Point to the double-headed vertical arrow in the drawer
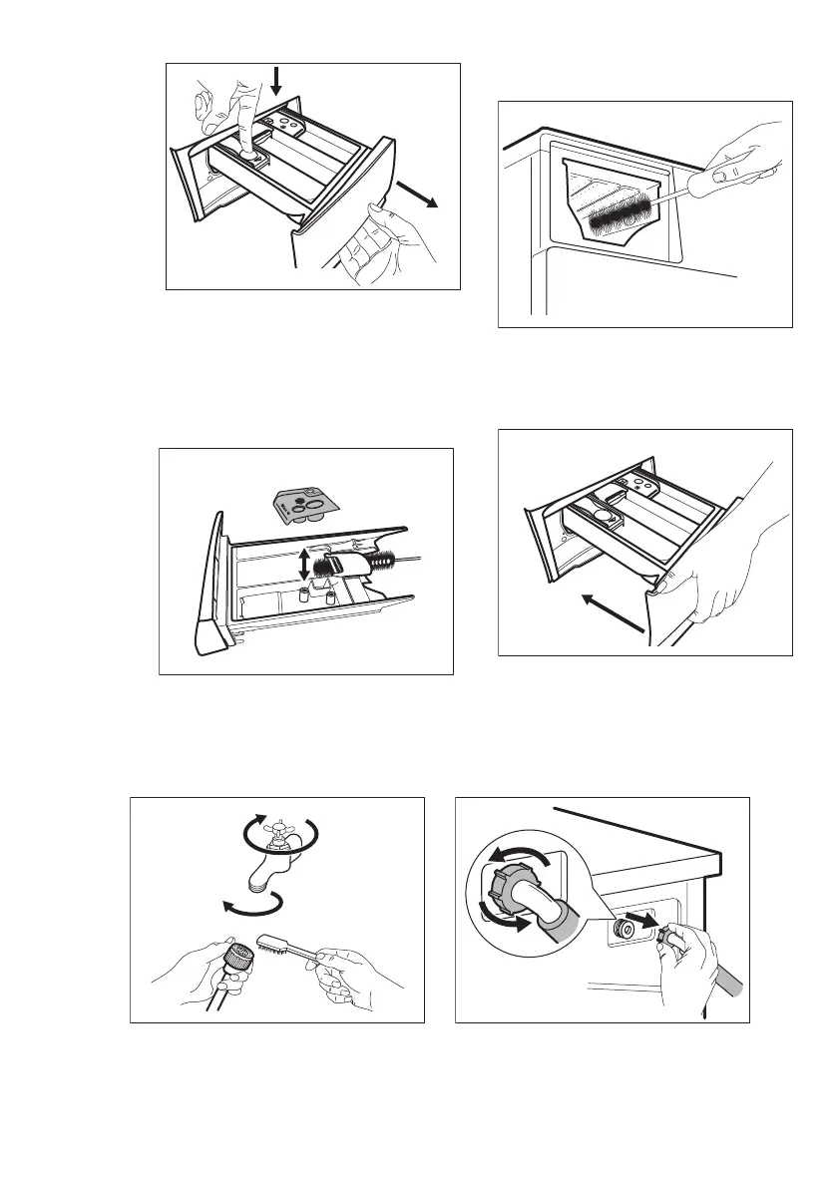[303, 565]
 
